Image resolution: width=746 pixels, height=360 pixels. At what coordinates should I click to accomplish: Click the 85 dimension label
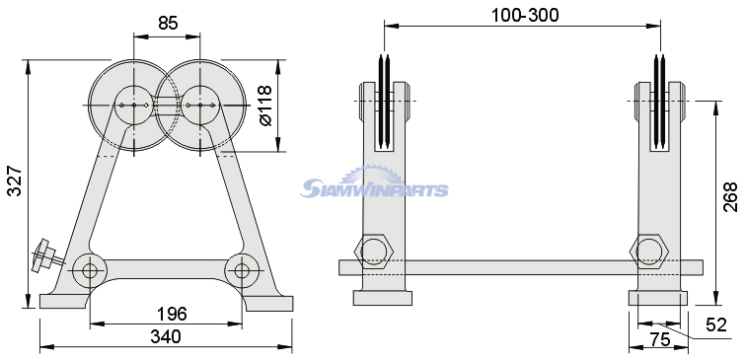point(168,22)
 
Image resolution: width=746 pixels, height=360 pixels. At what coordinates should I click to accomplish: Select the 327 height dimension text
point(15,180)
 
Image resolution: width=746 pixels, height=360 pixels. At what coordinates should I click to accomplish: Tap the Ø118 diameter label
point(265,106)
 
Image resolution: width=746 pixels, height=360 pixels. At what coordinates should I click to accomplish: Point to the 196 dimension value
point(172,314)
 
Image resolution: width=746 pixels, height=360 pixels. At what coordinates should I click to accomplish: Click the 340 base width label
point(166,336)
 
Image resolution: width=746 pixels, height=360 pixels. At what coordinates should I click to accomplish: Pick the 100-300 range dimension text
point(525,16)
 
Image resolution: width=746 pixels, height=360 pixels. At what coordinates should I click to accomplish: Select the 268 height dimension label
point(730,196)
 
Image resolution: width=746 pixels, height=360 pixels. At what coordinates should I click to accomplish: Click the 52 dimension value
point(716,325)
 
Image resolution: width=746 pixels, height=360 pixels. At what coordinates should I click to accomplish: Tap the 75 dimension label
point(660,340)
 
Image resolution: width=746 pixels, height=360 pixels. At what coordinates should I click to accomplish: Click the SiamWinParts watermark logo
point(374,182)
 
